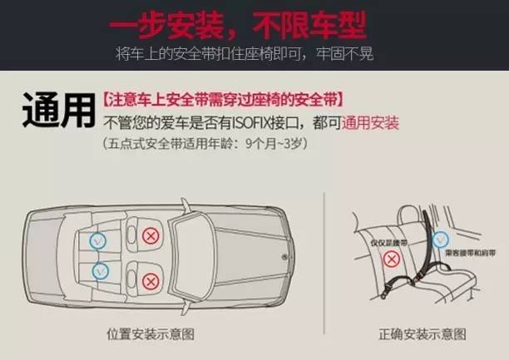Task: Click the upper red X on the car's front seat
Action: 151,236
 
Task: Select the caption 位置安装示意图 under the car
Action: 151,334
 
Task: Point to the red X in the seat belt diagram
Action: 390,259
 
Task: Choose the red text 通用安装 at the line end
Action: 372,123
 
